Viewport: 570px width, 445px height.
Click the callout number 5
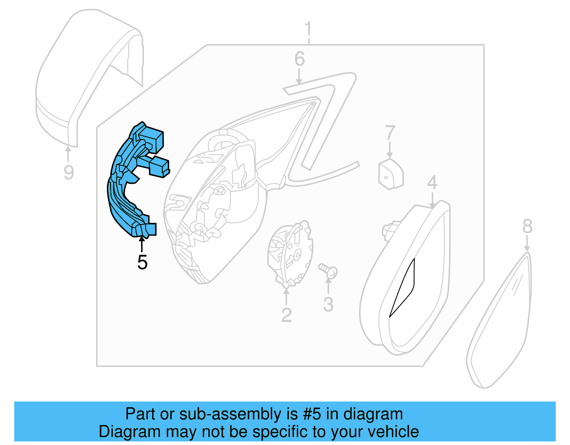point(142,263)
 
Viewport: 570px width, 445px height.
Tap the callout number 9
point(69,172)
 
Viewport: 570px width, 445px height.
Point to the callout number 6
point(300,59)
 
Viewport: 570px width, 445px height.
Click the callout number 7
point(390,133)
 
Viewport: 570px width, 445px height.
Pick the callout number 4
point(432,183)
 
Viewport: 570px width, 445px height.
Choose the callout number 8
point(527,226)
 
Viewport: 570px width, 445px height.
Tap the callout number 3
point(328,304)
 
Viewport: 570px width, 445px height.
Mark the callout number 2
point(286,315)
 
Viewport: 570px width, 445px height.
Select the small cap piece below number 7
point(391,175)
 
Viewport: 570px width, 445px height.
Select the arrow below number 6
point(299,76)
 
